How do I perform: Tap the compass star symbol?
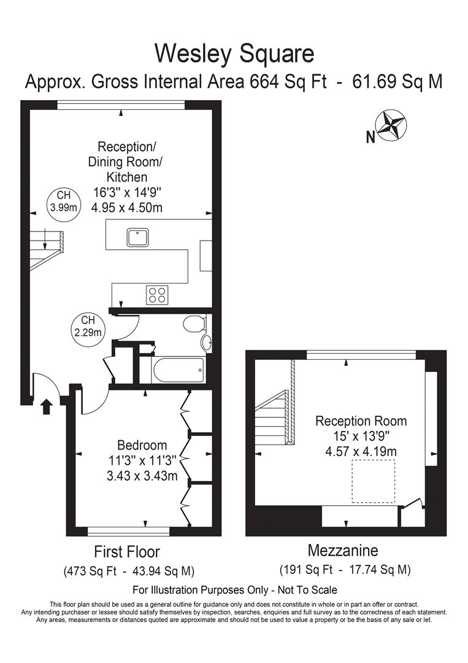[391, 125]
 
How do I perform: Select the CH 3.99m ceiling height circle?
[64, 201]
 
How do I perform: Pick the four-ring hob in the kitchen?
[157, 295]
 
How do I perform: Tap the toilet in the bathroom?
[196, 324]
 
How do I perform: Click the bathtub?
[178, 370]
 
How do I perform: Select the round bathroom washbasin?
[207, 343]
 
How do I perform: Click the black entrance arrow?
[46, 407]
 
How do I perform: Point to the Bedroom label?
[142, 445]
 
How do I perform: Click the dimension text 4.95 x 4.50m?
[126, 207]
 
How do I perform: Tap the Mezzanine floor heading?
[343, 550]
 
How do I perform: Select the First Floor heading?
[126, 551]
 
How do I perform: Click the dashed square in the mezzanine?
[374, 481]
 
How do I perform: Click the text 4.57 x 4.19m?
[361, 452]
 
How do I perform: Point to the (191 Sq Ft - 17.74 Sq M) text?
[344, 569]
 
